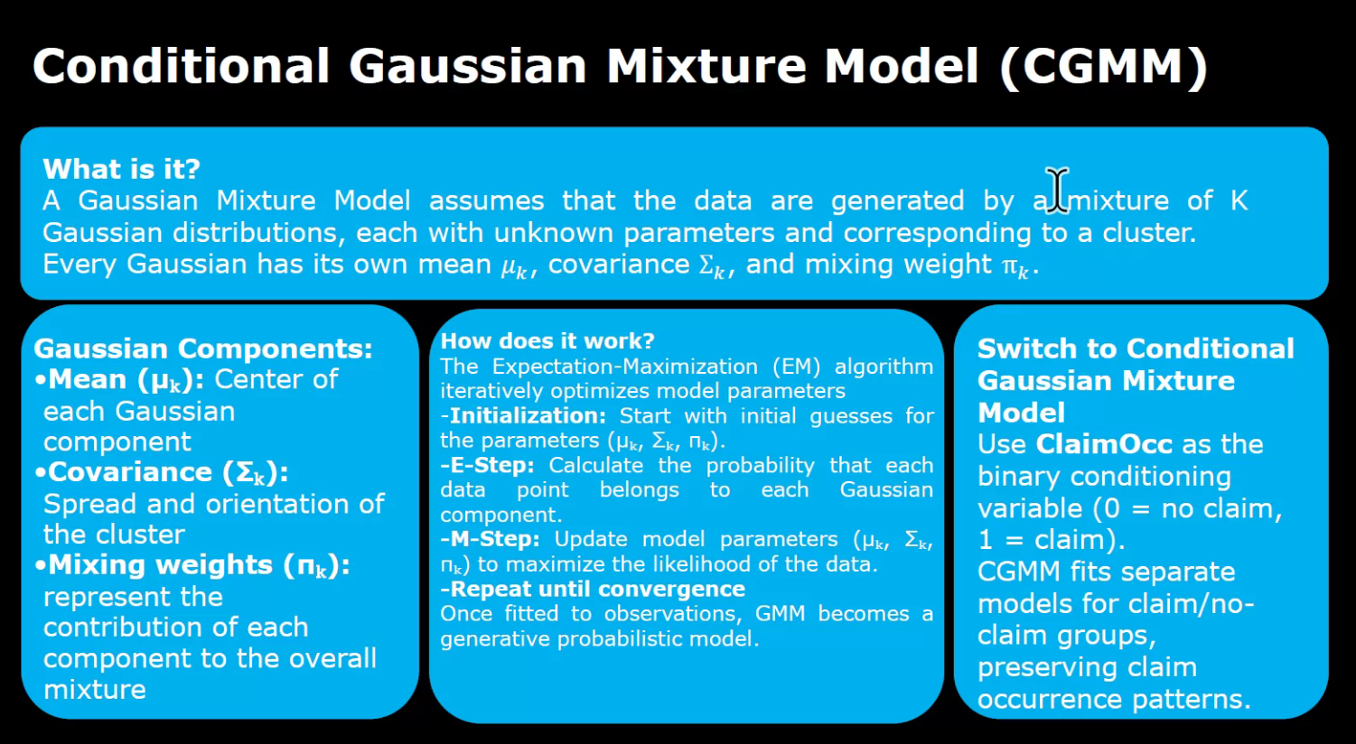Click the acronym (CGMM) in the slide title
(x=1103, y=67)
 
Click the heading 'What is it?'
(x=121, y=169)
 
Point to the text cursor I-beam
(x=1057, y=191)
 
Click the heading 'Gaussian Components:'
(x=202, y=349)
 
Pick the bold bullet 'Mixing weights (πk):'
(x=198, y=565)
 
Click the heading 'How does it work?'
(x=547, y=341)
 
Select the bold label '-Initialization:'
(x=523, y=416)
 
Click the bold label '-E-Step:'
(x=487, y=466)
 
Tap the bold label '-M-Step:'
(x=490, y=540)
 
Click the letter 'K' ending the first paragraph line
(x=1239, y=200)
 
